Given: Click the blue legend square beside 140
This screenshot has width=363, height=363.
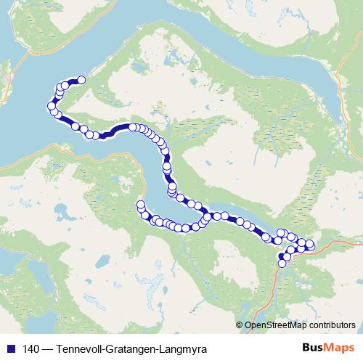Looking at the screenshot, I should pos(7,348).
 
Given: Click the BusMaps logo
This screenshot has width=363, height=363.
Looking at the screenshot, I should pos(328,347).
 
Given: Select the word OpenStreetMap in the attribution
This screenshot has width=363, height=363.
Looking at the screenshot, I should pos(276,325).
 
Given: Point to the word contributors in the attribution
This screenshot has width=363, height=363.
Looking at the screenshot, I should pos(330,325).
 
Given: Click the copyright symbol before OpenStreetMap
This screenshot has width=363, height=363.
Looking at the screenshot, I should pos(240,325).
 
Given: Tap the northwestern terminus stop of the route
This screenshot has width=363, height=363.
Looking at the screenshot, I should pos(81,80).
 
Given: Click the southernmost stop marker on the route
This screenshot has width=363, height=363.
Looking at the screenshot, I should pos(282,264).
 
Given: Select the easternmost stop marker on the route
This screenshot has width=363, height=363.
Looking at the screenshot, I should pos(311,244).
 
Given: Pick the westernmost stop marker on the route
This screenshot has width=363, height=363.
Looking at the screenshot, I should pos(52,107).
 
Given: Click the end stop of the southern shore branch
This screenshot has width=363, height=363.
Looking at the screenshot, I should pos(141,204).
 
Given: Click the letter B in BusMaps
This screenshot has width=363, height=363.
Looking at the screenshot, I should pos(306,347).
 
